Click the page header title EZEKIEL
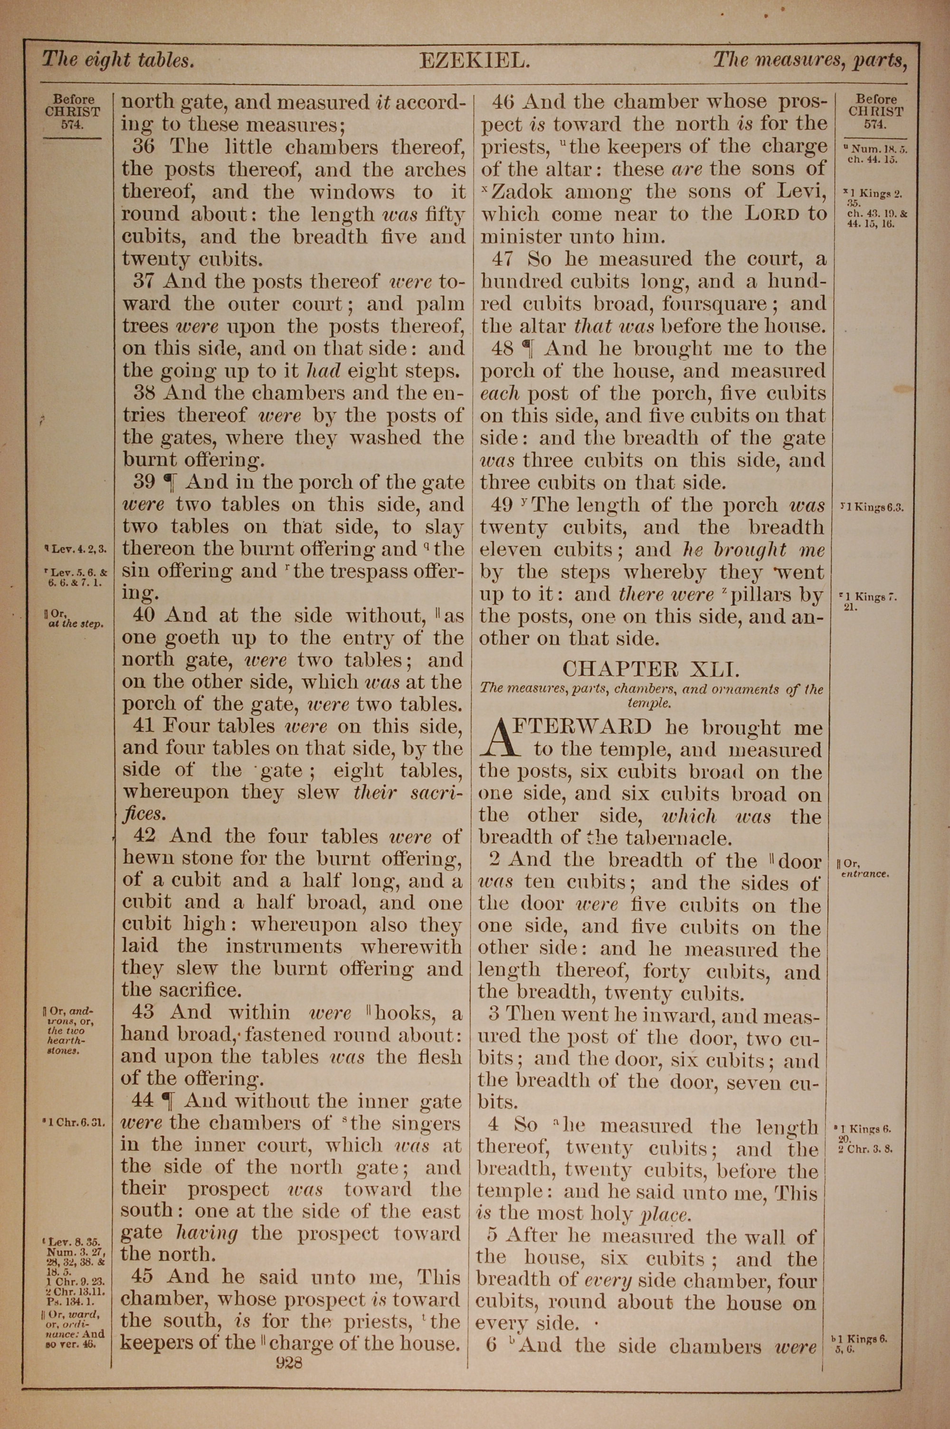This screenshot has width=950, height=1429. [x=475, y=61]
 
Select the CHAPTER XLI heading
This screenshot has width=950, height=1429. [x=651, y=669]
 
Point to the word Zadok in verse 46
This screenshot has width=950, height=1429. [x=522, y=192]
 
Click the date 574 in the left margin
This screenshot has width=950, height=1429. [x=73, y=125]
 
